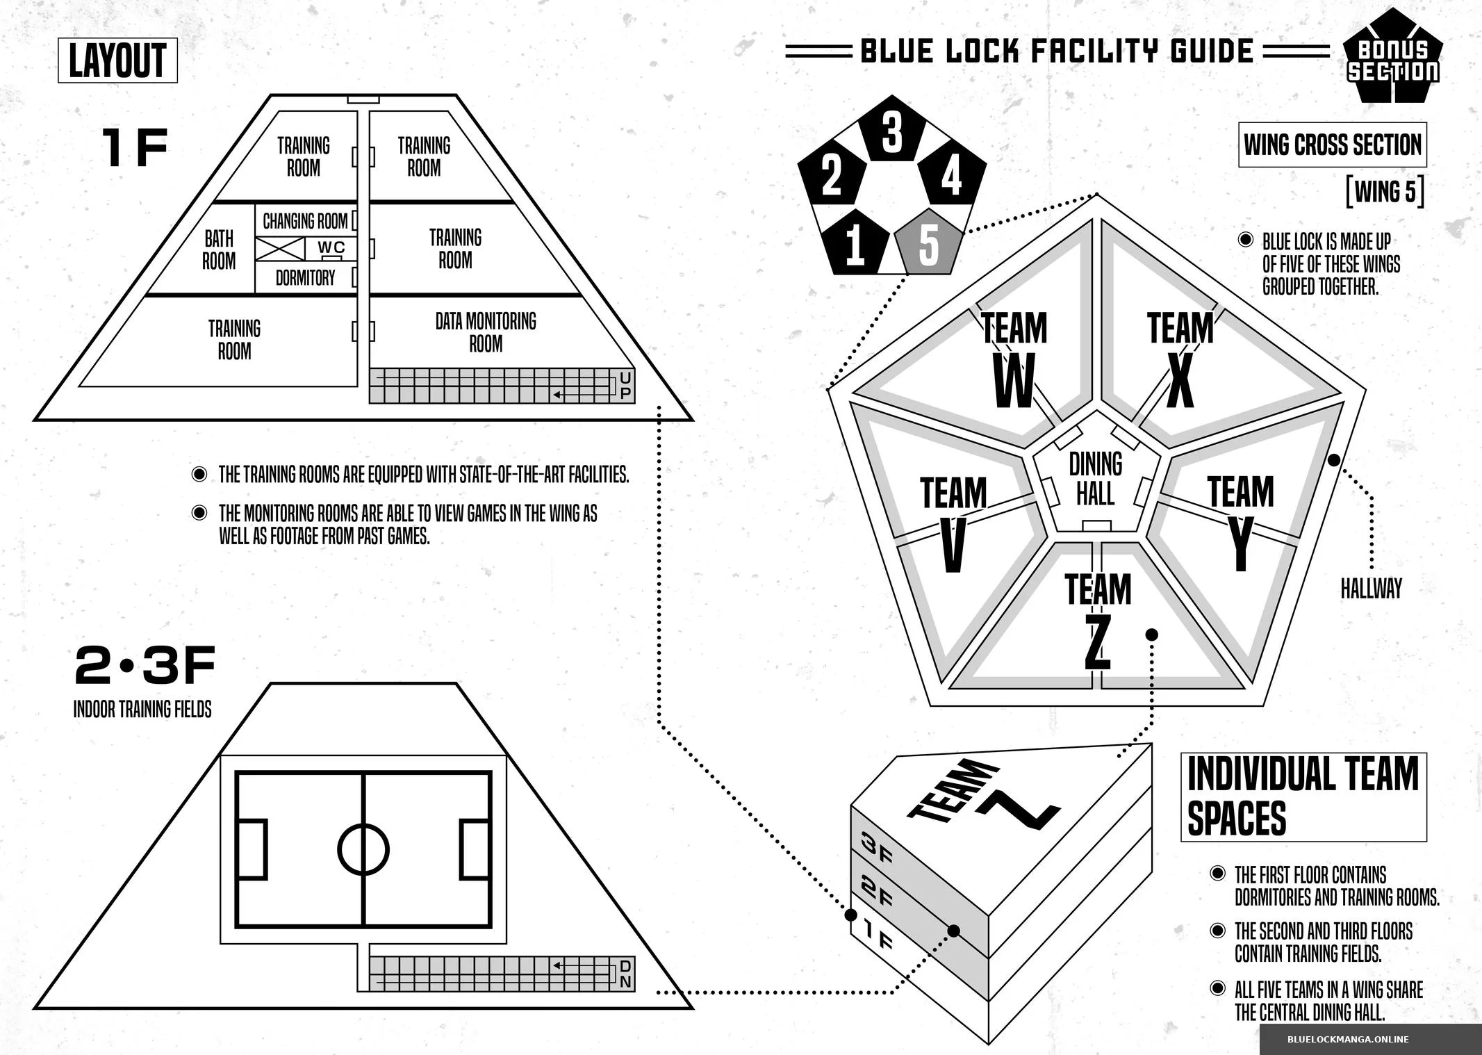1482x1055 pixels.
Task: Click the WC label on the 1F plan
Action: coord(331,247)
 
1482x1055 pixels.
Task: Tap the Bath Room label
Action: coord(219,250)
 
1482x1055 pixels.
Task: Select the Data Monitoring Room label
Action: coord(486,332)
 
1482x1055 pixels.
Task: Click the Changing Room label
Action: coord(305,221)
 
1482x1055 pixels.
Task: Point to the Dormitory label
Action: coord(305,278)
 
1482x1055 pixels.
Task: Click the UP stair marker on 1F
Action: coord(625,385)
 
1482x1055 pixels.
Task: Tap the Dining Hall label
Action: coord(1096,479)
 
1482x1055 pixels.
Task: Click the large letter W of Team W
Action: coord(1014,382)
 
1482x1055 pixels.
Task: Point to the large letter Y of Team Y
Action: coord(1241,544)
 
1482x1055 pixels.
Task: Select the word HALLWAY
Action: coord(1371,589)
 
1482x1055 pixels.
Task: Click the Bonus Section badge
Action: coord(1392,58)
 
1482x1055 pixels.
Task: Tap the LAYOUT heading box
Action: coord(117,60)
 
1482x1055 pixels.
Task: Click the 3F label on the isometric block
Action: coord(876,849)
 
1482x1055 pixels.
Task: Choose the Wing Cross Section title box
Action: coord(1332,145)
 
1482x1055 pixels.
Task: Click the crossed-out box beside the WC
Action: coord(279,249)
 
